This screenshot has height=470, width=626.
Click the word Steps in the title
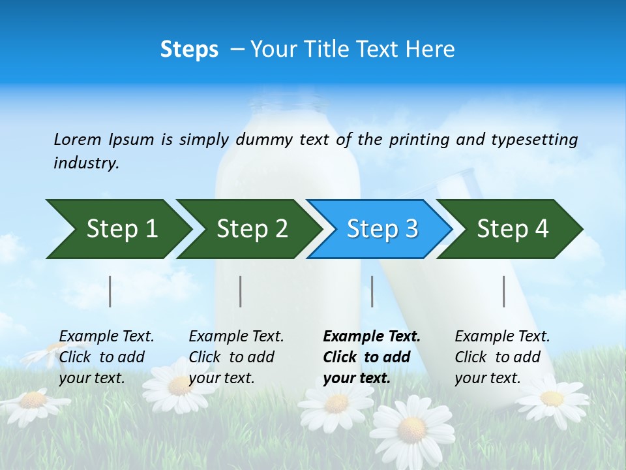(x=189, y=50)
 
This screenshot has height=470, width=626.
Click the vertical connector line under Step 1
(x=110, y=291)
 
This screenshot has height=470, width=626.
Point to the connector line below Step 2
(x=241, y=291)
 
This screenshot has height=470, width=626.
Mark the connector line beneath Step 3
(x=372, y=291)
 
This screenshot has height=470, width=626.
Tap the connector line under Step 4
(x=504, y=291)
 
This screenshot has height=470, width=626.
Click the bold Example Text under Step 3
(x=372, y=357)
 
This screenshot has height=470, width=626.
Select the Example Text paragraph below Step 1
(x=106, y=357)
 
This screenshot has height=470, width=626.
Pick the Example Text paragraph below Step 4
(x=502, y=357)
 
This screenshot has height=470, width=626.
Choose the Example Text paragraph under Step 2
(x=236, y=357)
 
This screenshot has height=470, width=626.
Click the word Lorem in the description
(x=78, y=140)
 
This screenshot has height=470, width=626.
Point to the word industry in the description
(x=86, y=163)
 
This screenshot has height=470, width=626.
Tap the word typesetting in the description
(x=534, y=140)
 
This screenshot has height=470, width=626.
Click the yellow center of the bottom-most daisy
(x=411, y=429)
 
